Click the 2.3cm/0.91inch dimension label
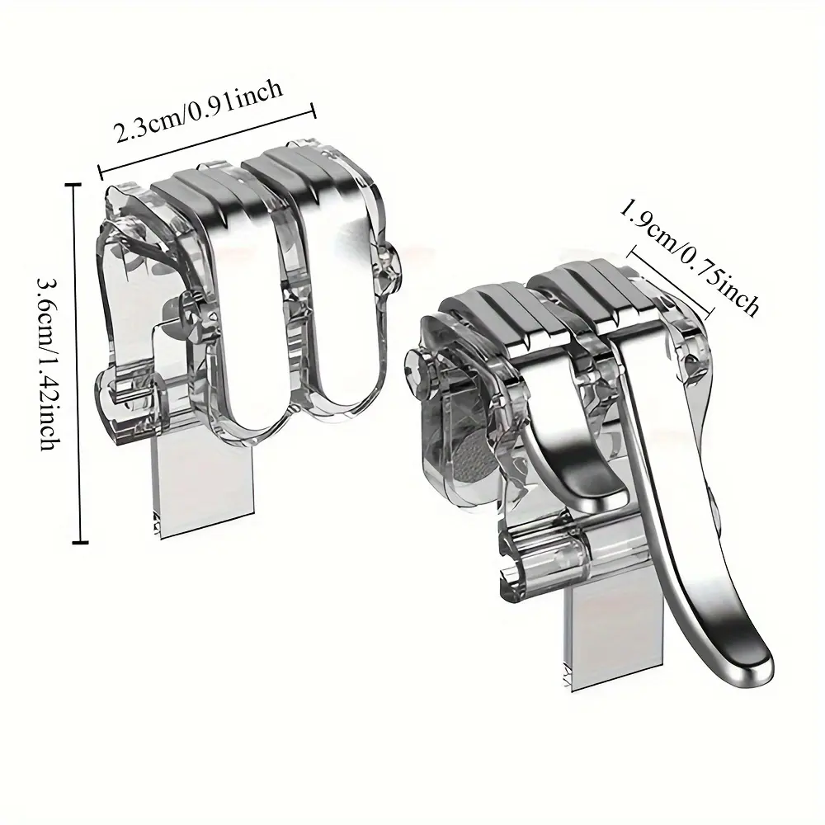199,112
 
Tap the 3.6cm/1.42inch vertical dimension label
48,362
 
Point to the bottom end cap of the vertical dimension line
80,542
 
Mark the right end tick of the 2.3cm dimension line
313,111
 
